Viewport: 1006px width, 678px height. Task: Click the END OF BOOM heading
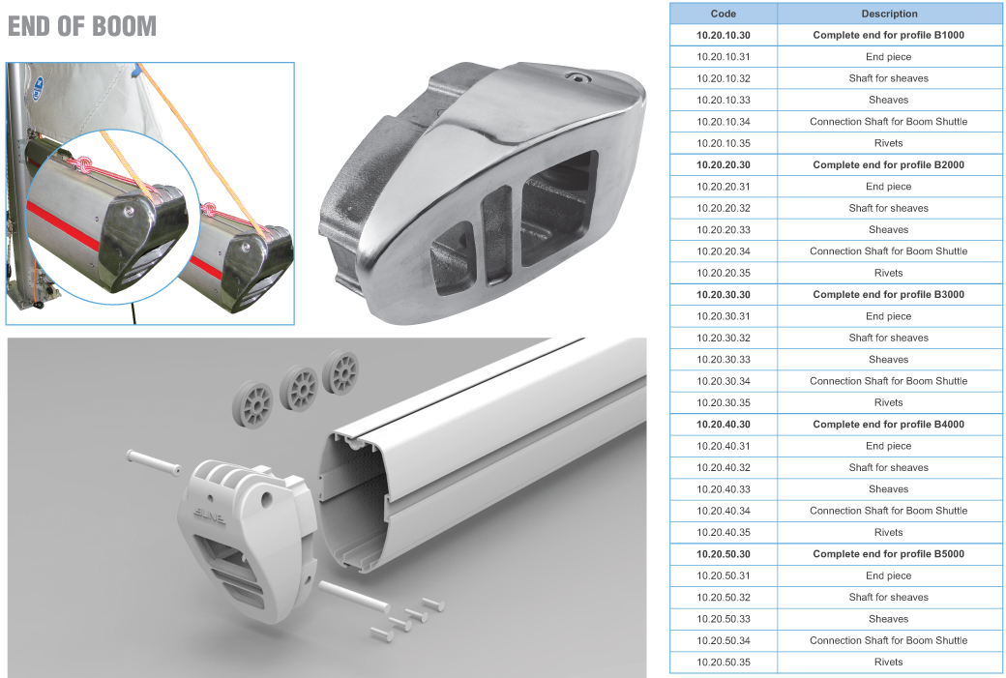(x=82, y=26)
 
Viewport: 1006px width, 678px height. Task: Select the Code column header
(x=724, y=14)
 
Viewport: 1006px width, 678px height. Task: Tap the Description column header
(x=889, y=14)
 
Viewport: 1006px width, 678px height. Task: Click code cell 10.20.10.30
(x=724, y=35)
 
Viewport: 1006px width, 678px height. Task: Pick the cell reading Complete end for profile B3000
(x=889, y=294)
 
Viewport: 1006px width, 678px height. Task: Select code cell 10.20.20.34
(x=724, y=251)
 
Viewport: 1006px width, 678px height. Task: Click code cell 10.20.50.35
(x=724, y=662)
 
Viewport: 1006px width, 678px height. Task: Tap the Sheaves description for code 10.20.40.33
(x=889, y=488)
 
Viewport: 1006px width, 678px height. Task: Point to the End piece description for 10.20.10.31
(x=889, y=56)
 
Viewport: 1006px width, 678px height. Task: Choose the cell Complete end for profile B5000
(x=889, y=553)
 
